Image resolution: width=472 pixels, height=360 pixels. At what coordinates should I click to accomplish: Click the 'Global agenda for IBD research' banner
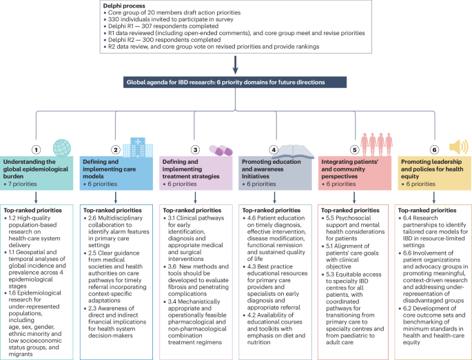[236, 83]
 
